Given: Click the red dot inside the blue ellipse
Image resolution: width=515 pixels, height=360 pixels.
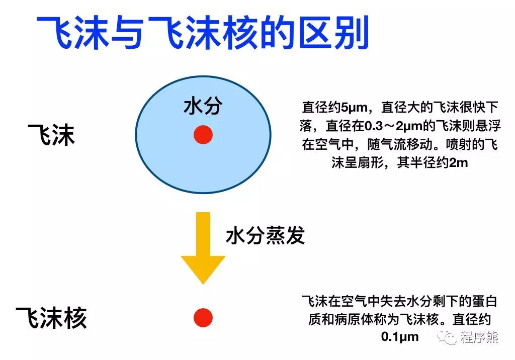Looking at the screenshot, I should [x=203, y=135].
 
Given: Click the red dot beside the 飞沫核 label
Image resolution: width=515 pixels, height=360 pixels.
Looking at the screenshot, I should [x=203, y=318].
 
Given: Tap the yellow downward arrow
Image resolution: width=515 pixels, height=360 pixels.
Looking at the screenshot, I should [x=203, y=246].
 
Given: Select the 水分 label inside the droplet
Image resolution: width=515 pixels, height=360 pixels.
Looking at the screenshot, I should [x=203, y=106].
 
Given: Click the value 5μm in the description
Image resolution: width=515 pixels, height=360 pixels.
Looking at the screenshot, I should [x=355, y=107].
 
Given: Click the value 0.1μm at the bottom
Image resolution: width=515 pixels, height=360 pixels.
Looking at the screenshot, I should [x=400, y=336].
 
